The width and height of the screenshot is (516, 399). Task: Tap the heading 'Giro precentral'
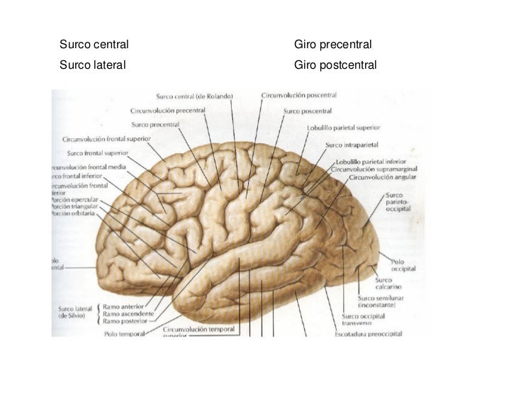332,45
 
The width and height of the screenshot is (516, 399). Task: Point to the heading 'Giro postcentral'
335,65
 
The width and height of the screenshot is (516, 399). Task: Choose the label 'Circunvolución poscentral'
298,94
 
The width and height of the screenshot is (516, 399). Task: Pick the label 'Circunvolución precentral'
168,111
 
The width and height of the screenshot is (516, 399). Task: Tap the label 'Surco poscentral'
308,111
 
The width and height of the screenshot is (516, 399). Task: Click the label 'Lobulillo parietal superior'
343,128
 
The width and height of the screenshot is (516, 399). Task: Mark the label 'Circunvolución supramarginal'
374,169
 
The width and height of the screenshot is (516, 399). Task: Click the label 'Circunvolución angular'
378,178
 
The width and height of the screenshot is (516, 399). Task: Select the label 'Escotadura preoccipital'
369,333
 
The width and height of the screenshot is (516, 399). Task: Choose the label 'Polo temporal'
124,332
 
